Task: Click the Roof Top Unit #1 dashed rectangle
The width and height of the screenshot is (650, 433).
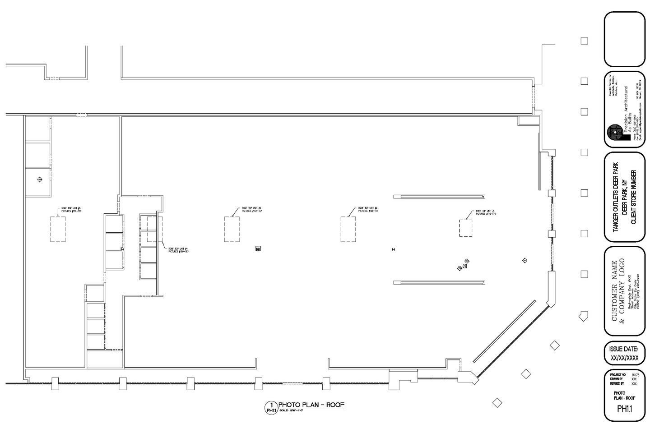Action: [x=466, y=228]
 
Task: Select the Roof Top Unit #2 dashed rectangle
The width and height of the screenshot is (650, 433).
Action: [x=348, y=229]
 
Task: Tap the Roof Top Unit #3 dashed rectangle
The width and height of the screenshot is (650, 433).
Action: [x=232, y=229]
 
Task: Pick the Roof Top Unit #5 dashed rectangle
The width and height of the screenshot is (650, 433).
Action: [x=57, y=229]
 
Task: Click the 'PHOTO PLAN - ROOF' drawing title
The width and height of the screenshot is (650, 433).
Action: [x=311, y=405]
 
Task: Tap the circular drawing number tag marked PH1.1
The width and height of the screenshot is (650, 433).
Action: [x=271, y=407]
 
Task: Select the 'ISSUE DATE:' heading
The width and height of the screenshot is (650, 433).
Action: [x=624, y=349]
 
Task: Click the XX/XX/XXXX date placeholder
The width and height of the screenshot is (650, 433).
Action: [x=624, y=358]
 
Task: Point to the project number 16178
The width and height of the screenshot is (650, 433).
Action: [x=636, y=375]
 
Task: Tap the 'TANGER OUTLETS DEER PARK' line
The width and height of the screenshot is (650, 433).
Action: [x=615, y=198]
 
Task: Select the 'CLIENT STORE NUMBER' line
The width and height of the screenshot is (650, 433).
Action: [x=633, y=198]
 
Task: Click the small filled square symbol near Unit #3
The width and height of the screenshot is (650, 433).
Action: [x=258, y=249]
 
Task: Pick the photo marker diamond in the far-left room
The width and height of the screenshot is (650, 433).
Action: [x=39, y=180]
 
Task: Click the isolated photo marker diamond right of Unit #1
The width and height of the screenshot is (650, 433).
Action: [x=525, y=260]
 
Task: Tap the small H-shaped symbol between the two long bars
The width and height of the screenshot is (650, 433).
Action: [x=394, y=249]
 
